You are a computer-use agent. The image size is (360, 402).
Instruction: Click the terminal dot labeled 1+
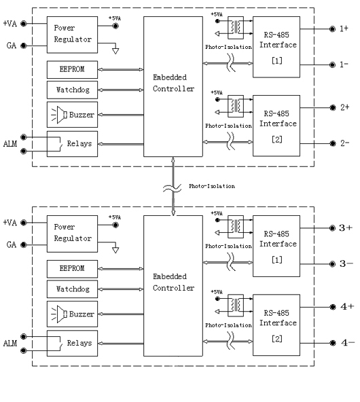332,29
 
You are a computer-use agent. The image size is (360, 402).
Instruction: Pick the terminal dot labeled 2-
333,143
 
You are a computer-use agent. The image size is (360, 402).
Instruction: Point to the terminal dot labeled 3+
332,228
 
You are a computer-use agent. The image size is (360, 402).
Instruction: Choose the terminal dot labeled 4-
333,343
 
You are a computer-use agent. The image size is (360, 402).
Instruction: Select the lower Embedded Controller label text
173,282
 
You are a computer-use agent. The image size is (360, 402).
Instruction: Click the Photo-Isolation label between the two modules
212,186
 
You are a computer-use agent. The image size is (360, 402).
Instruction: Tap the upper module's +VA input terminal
23,24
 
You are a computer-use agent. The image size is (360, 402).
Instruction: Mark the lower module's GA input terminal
23,245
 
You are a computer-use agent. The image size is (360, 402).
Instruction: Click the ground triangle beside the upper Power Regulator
115,51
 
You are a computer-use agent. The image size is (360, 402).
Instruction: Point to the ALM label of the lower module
10,344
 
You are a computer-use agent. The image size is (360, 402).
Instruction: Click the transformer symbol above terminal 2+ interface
236,105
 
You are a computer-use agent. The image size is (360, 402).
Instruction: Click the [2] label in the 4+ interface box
277,339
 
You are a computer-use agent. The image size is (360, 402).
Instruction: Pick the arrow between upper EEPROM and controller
120,69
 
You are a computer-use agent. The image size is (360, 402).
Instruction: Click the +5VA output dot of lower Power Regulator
115,225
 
